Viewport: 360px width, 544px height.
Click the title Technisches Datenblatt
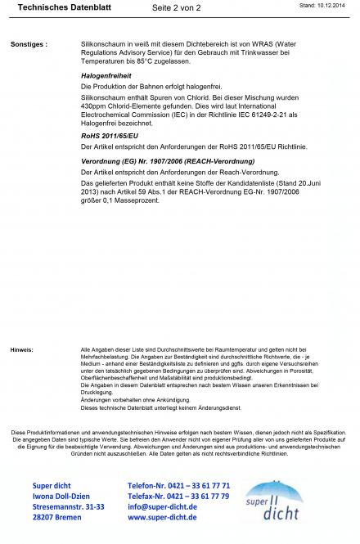point(53,7)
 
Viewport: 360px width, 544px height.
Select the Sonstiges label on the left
point(29,43)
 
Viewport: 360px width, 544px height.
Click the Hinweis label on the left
point(22,349)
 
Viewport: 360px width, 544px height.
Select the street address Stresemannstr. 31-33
point(69,506)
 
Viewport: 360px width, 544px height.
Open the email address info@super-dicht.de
point(162,506)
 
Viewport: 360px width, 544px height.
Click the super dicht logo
point(275,501)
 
